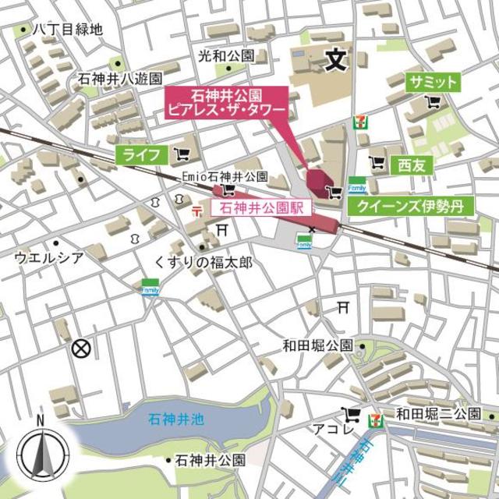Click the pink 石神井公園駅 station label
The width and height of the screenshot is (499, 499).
coord(261,208)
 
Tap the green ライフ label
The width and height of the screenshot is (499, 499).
coord(141,154)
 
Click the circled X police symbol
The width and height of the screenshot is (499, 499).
coord(80,349)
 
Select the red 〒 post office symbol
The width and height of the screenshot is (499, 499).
coord(196,210)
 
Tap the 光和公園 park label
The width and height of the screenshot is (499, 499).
coord(226,56)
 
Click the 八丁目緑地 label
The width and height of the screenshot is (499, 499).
coord(67,30)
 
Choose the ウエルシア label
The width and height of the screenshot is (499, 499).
coord(48,257)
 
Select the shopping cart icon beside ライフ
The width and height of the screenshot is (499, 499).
coord(183,154)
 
